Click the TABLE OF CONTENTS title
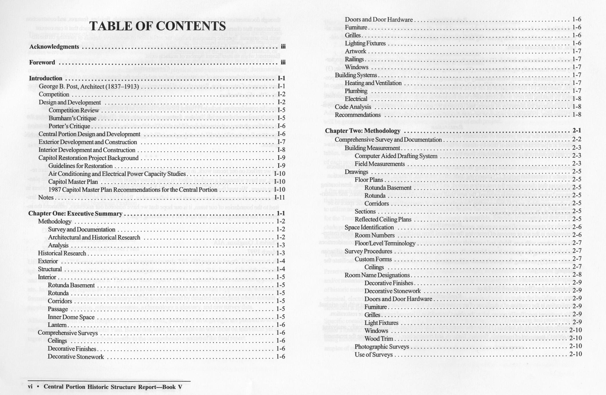tap(157, 26)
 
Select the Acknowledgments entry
tap(54, 47)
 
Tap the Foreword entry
tap(42, 62)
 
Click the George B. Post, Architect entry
tap(89, 86)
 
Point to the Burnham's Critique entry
tap(72, 118)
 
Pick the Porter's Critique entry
tap(69, 126)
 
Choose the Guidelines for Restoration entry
tap(80, 166)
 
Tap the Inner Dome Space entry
tap(71, 317)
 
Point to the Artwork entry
tap(355, 51)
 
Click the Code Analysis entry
tap(353, 107)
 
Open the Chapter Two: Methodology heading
tap(363, 131)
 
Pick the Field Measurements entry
tap(380, 164)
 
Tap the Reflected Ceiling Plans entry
tap(383, 220)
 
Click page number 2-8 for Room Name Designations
tap(577, 275)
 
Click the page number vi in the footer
tap(30, 387)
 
